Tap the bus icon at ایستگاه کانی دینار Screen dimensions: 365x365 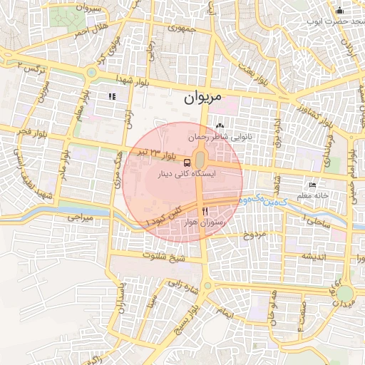pos(187,162)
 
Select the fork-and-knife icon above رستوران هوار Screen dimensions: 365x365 pos(205,211)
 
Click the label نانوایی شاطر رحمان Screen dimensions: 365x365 pos(217,135)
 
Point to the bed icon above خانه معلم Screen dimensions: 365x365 pos(312,185)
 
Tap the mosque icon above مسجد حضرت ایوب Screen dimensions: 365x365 pos(339,10)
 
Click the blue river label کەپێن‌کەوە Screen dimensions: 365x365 pos(264,202)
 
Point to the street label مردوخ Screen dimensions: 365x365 pos(255,235)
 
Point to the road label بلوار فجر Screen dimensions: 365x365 pos(33,133)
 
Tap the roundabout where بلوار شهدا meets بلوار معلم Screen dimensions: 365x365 pos(92,72)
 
